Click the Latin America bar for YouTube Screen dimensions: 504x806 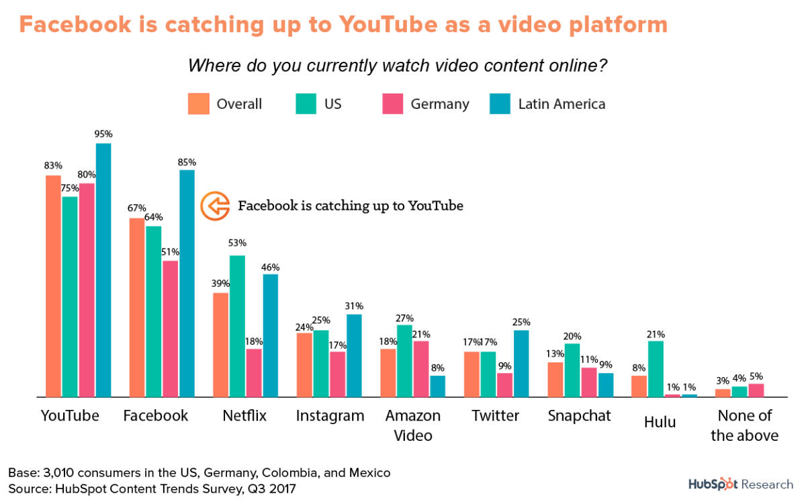point(103,269)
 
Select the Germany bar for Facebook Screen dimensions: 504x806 point(170,329)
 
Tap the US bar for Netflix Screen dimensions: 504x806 point(237,326)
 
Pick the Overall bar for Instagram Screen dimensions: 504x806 point(304,364)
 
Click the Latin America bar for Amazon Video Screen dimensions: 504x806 point(437,386)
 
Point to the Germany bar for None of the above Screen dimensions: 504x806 point(756,390)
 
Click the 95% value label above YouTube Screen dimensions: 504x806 point(103,134)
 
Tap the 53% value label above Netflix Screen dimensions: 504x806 point(237,243)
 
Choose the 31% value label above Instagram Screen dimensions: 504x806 point(354,306)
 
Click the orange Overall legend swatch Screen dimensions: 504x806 point(199,104)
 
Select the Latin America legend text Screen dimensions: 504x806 point(562,104)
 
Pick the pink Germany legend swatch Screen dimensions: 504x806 point(392,104)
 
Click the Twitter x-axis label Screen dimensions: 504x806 point(495,416)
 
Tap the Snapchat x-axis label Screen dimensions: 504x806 point(579,416)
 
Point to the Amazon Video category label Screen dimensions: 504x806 point(412,425)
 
